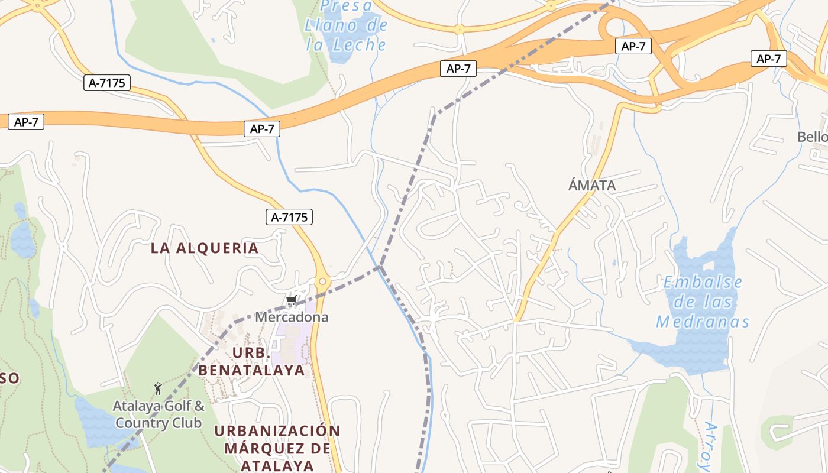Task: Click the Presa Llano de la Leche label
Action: point(347,25)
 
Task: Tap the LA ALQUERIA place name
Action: point(205,248)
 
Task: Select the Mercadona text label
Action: point(292,317)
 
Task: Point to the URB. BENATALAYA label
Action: point(251,362)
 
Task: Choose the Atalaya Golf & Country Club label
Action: point(159,414)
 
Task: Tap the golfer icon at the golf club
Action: point(157,388)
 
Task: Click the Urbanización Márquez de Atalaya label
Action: point(277,448)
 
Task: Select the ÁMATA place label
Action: point(592,186)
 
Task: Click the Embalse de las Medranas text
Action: point(703,302)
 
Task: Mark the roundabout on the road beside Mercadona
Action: point(322,282)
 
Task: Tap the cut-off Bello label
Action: point(812,137)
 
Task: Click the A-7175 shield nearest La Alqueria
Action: point(290,217)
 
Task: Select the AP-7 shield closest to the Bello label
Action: point(769,59)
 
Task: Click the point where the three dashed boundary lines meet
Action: point(381,267)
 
